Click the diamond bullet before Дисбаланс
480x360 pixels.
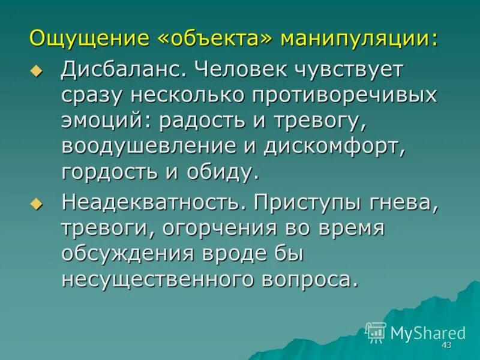click(37, 72)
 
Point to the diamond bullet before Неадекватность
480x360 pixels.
click(37, 205)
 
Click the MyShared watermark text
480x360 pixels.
click(428, 333)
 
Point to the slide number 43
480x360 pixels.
click(446, 346)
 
